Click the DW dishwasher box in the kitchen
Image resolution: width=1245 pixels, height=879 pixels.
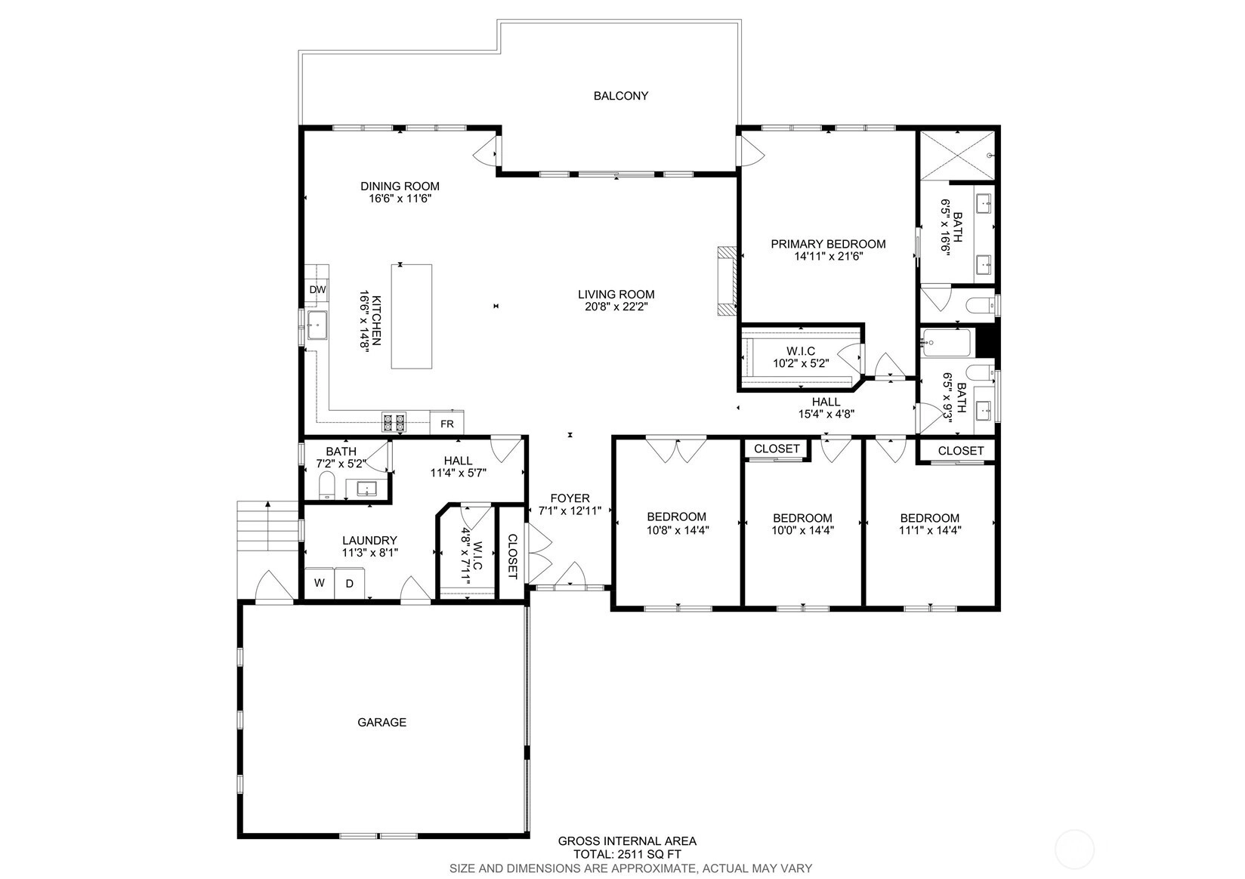click(x=317, y=289)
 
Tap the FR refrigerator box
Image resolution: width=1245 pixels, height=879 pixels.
click(x=447, y=424)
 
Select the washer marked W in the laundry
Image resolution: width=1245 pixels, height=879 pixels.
click(x=320, y=584)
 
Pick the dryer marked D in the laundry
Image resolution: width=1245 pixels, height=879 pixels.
click(x=350, y=584)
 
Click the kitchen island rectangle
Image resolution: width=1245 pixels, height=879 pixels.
click(x=411, y=316)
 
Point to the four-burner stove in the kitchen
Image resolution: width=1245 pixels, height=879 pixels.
click(x=394, y=422)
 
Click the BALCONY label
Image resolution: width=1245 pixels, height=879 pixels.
click(x=621, y=96)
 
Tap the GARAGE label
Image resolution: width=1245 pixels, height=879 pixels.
click(x=382, y=723)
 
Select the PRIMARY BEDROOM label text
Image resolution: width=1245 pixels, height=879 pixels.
click(x=828, y=244)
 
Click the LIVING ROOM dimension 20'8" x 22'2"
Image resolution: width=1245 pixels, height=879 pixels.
click(x=616, y=307)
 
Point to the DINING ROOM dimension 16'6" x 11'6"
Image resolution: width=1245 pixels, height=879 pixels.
click(x=400, y=199)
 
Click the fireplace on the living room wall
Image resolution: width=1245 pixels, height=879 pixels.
click(x=727, y=282)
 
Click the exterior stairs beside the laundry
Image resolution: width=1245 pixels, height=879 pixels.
click(x=268, y=526)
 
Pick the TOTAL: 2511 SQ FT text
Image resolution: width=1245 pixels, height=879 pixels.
click(x=627, y=855)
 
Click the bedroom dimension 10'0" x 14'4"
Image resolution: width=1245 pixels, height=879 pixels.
click(x=802, y=530)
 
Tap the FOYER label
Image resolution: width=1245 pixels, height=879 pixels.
click(x=570, y=498)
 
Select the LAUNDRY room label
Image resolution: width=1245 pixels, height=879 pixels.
click(x=369, y=540)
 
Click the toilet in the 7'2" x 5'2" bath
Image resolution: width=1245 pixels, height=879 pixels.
click(x=326, y=485)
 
